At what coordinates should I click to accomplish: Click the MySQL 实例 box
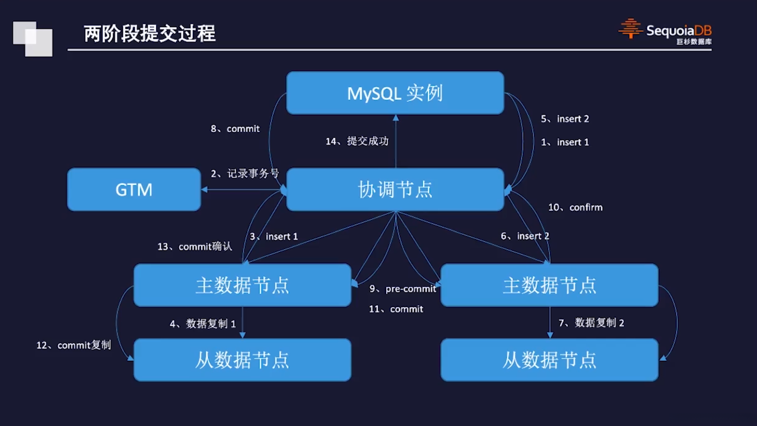[395, 93]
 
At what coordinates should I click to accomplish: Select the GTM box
[134, 190]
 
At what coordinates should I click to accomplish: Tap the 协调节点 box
[395, 190]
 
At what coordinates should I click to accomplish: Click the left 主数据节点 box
[242, 285]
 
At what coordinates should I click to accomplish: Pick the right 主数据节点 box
[549, 285]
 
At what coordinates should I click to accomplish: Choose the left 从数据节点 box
[242, 360]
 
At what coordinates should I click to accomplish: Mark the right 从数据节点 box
[549, 360]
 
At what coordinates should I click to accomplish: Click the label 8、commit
[235, 129]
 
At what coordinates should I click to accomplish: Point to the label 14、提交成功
[357, 141]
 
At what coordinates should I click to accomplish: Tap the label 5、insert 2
[565, 119]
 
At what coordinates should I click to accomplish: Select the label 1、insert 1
[565, 142]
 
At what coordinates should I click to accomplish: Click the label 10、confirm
[575, 207]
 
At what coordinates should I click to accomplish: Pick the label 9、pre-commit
[403, 289]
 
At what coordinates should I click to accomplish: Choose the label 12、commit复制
[74, 345]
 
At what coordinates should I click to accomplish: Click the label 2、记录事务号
[245, 174]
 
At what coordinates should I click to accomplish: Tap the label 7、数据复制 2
[591, 323]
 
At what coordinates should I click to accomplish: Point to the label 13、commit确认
[195, 247]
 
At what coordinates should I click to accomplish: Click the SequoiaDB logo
[665, 32]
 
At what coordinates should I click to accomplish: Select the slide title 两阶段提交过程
[150, 34]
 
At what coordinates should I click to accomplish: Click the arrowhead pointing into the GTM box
[204, 190]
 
